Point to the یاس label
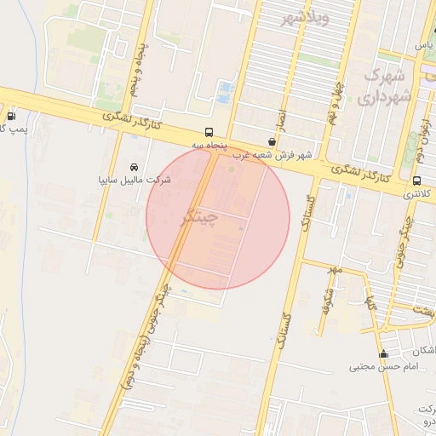point(422,44)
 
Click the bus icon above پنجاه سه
point(209,132)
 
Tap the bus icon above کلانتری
point(416,181)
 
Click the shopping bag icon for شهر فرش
point(272,141)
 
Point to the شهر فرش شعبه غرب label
point(273,155)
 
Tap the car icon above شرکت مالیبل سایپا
point(135,167)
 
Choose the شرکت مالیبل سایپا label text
point(135,181)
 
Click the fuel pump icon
point(10,116)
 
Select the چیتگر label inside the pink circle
point(201,217)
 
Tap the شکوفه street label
point(324,298)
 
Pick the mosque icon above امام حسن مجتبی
point(383,354)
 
